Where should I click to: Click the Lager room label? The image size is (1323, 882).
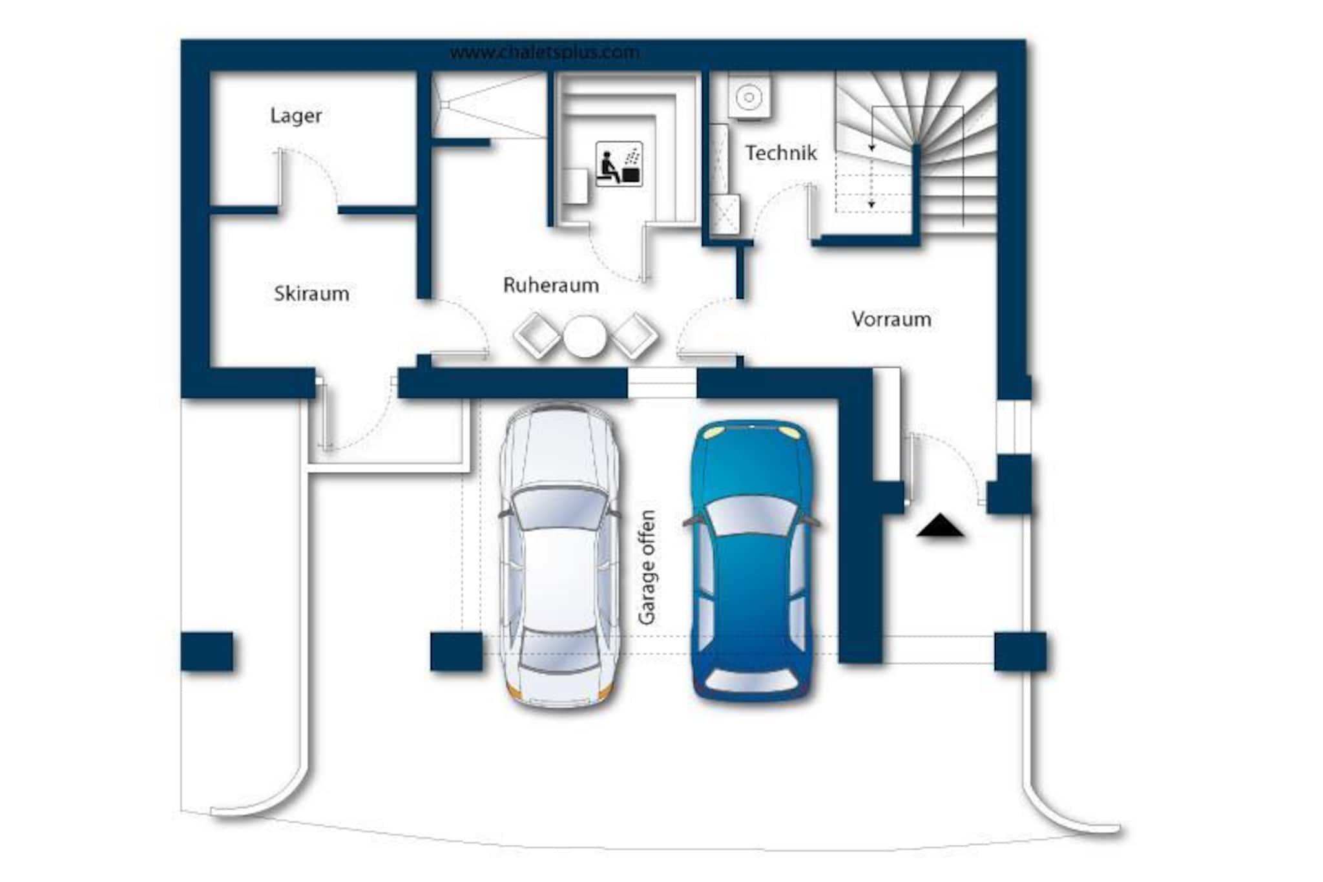tap(296, 116)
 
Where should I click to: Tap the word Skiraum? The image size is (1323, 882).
tap(311, 294)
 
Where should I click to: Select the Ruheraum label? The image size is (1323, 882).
tap(550, 285)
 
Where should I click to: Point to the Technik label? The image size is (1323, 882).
tap(781, 153)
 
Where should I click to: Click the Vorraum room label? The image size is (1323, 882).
tap(891, 319)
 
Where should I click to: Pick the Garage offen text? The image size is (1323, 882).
tap(647, 567)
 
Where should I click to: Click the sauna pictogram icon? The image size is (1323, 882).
tap(619, 164)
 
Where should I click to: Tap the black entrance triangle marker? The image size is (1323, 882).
tap(940, 526)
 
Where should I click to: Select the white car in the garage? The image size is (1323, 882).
tap(559, 556)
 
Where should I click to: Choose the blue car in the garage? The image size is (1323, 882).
tap(751, 560)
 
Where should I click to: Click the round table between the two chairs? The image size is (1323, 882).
tap(585, 336)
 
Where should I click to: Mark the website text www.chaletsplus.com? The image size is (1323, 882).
tap(545, 52)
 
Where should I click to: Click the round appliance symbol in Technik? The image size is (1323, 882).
tap(749, 98)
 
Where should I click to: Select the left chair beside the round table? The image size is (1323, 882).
tap(537, 335)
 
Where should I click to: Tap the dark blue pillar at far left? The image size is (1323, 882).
tap(207, 651)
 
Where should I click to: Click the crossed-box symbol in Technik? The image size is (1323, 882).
tap(725, 214)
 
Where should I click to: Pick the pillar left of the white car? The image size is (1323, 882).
tap(456, 651)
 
